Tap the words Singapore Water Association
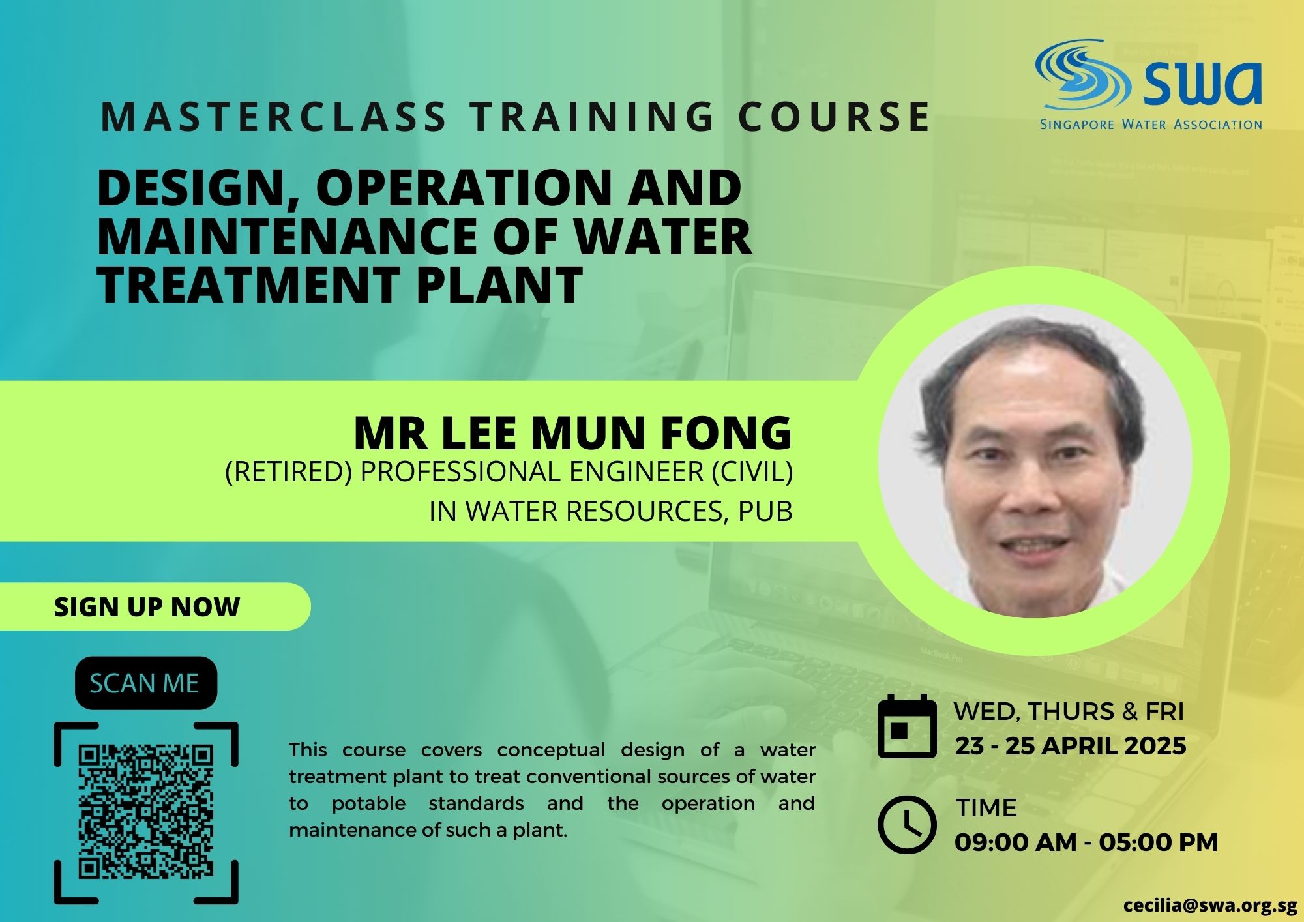click(1151, 124)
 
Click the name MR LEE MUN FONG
click(573, 432)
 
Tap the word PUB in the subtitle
click(765, 512)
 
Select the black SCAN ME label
click(146, 683)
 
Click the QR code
click(146, 812)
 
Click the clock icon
click(906, 825)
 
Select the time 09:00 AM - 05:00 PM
click(1086, 842)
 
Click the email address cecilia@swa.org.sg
click(1210, 906)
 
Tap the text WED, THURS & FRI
click(1069, 711)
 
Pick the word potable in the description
click(368, 804)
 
